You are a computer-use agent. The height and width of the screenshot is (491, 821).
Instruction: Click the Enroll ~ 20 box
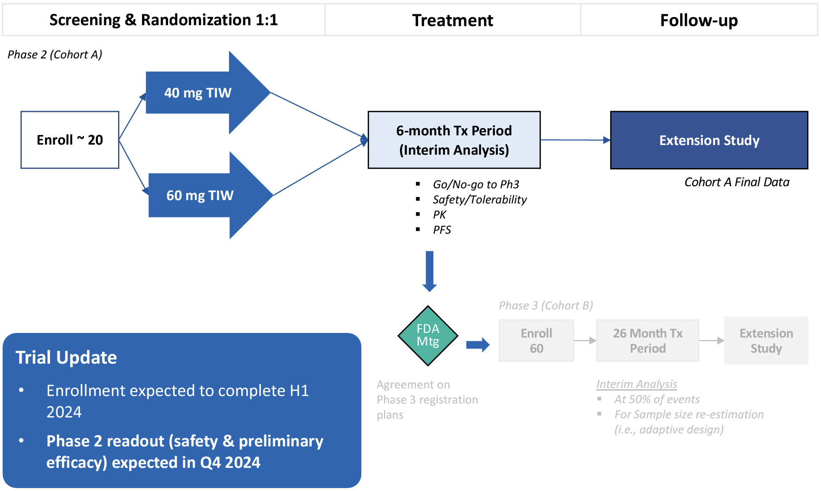(x=70, y=140)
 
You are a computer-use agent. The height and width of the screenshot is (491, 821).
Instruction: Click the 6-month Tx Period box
(x=454, y=140)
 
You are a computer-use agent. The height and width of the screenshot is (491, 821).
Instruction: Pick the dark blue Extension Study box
(x=709, y=140)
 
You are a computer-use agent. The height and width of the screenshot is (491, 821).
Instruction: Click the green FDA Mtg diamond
(x=428, y=335)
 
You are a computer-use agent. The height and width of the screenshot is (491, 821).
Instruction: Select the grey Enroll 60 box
(x=536, y=341)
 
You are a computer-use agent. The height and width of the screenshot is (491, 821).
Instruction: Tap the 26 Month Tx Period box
(x=647, y=341)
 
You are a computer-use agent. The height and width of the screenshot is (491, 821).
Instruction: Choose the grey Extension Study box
(x=766, y=341)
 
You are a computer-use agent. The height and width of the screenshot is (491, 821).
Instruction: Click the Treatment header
(x=453, y=20)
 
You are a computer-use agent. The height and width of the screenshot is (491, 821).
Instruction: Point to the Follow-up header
(x=699, y=20)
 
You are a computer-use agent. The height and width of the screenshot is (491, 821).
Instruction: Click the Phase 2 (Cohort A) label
(x=55, y=55)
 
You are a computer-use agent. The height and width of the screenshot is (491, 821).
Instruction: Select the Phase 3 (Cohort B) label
(x=546, y=306)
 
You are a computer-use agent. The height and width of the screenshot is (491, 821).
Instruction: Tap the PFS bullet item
(x=442, y=230)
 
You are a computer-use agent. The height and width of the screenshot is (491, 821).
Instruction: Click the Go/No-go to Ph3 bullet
(x=476, y=185)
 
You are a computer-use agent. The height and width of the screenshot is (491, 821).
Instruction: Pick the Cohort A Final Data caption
(x=737, y=182)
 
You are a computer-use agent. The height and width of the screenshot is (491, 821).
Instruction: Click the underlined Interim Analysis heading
(x=637, y=384)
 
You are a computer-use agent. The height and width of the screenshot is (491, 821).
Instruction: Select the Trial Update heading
(x=66, y=357)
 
